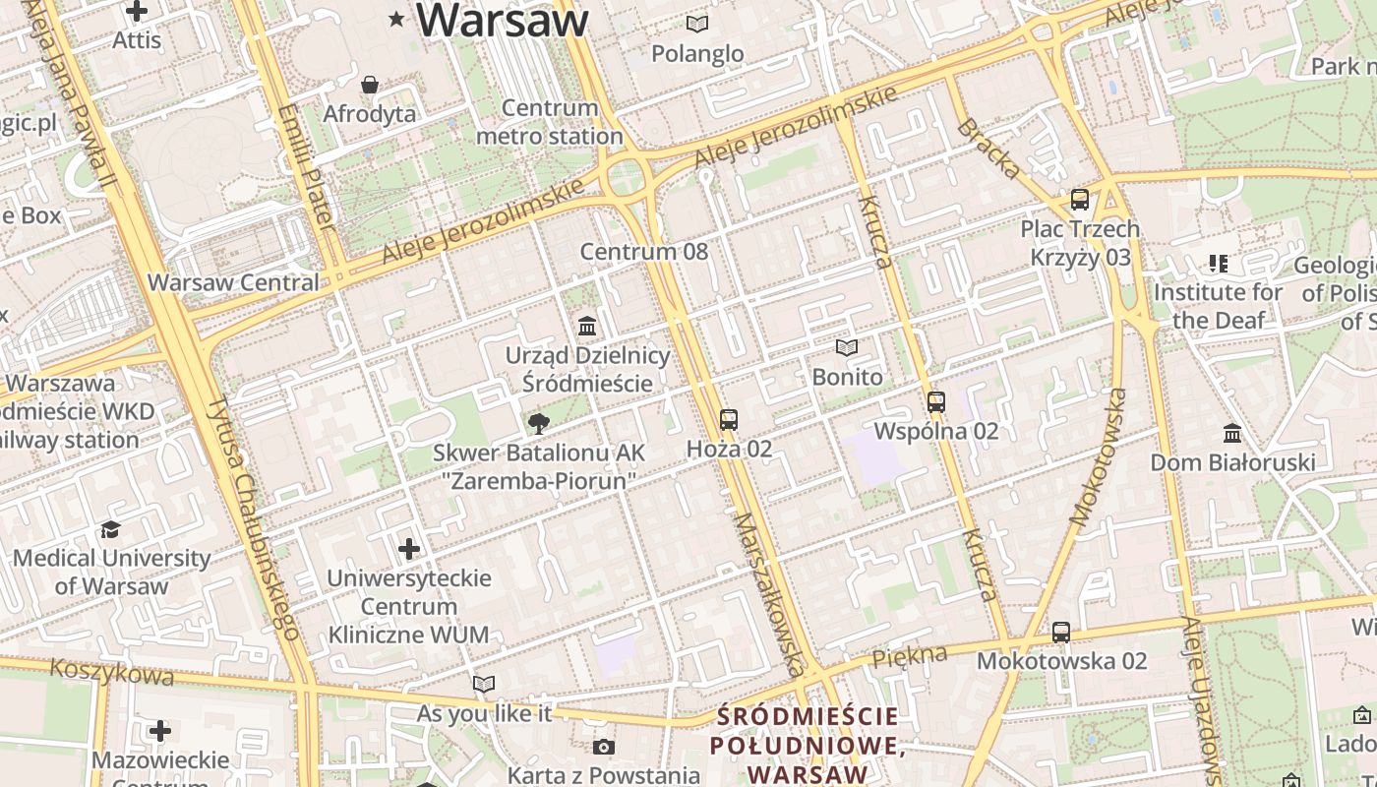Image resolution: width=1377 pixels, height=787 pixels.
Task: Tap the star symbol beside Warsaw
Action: click(397, 19)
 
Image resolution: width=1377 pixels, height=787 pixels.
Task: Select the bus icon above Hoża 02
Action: click(728, 420)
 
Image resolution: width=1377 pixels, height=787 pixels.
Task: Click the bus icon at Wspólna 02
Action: click(935, 402)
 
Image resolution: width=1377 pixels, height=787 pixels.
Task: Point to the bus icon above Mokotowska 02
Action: click(1060, 633)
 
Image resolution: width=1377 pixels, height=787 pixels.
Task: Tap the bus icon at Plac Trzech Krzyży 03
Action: click(1079, 200)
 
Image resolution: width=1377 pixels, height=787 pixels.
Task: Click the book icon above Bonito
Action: click(846, 347)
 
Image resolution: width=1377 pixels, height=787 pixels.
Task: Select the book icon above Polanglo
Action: click(697, 24)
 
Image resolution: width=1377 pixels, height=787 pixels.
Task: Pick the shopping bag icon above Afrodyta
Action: click(370, 85)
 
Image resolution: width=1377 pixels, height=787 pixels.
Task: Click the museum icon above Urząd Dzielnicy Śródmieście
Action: click(587, 326)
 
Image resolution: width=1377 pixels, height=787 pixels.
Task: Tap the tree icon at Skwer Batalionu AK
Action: click(538, 424)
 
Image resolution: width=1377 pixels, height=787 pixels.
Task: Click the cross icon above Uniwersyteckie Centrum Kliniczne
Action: click(409, 548)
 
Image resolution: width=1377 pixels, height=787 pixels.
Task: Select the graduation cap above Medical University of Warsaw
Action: click(110, 529)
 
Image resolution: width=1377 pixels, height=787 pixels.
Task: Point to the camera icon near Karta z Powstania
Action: click(604, 748)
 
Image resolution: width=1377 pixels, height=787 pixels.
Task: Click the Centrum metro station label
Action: click(549, 122)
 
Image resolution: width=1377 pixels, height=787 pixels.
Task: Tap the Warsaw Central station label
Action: click(233, 282)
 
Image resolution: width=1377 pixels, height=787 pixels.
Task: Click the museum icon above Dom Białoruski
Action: click(1231, 433)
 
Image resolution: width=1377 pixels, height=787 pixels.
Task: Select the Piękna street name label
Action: click(910, 655)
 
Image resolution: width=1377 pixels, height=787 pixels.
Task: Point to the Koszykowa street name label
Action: click(111, 673)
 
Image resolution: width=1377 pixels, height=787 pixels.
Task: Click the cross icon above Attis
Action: click(137, 12)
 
